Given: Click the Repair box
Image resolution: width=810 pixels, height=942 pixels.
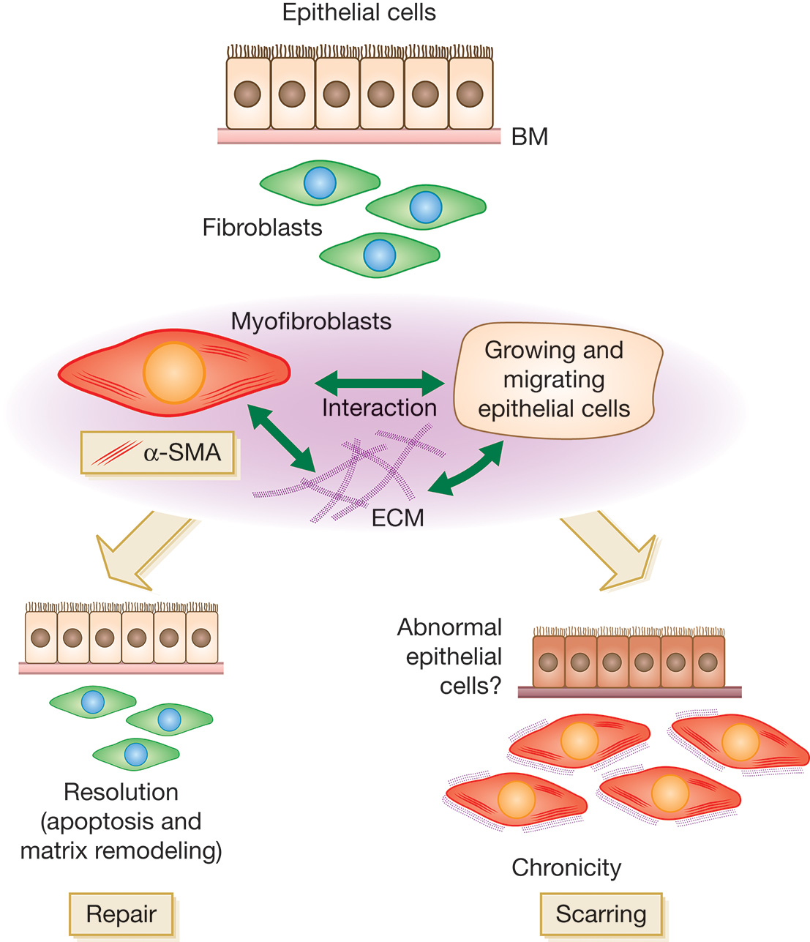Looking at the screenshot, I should tap(121, 914).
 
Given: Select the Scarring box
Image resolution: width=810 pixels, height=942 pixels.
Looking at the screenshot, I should tap(601, 914).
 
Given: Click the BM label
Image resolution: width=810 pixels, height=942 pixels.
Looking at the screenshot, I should tap(529, 137).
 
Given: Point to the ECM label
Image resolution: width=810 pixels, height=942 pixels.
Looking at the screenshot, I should tap(397, 518).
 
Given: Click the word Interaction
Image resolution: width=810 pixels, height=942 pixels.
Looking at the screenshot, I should tap(379, 408).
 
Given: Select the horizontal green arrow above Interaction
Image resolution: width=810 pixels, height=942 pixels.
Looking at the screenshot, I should tap(379, 382).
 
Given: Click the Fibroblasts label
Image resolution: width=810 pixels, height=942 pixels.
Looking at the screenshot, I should tap(262, 228).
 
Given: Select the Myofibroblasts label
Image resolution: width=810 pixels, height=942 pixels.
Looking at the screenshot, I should tap(311, 321).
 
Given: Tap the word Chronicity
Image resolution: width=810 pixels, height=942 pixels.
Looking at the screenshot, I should tap(566, 867).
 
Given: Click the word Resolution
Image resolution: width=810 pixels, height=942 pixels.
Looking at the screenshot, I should tap(121, 792).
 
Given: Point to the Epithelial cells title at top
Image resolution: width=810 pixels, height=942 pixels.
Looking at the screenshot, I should tap(359, 12).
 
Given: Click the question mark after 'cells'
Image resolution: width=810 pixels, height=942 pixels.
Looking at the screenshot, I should tap(495, 686).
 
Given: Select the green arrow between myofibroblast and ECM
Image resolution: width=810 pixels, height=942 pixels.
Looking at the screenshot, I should tap(282, 437).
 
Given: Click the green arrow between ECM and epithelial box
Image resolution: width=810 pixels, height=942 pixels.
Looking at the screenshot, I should tap(465, 467).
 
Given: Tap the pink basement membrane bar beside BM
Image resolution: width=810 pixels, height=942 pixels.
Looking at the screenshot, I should tap(359, 136).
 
